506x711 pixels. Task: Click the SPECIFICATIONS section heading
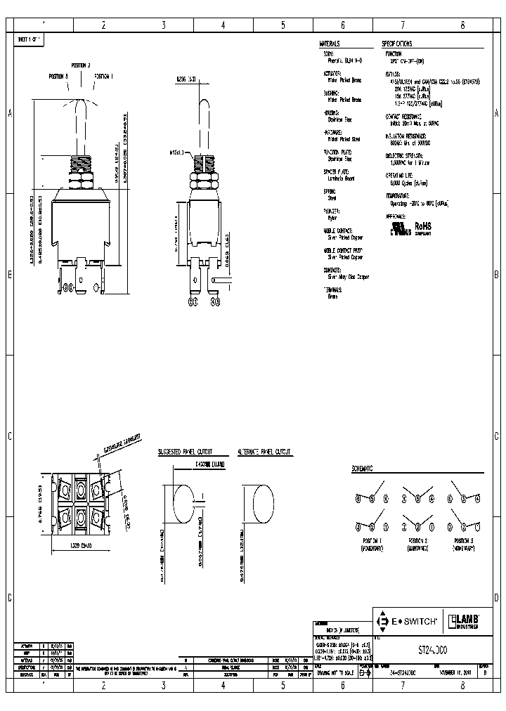[x=399, y=43]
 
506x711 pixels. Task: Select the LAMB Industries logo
[x=465, y=621]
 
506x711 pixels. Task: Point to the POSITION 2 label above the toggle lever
[x=79, y=65]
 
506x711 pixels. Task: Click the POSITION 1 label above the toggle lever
[x=103, y=75]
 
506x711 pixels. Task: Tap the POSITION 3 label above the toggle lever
[x=58, y=75]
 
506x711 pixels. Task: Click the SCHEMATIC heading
[x=362, y=468]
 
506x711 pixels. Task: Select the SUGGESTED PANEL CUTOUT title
[x=185, y=453]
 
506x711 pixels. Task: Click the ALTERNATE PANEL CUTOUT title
[x=264, y=453]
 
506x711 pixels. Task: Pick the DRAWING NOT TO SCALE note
[x=335, y=672]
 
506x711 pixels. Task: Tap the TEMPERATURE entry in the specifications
[x=399, y=197]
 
